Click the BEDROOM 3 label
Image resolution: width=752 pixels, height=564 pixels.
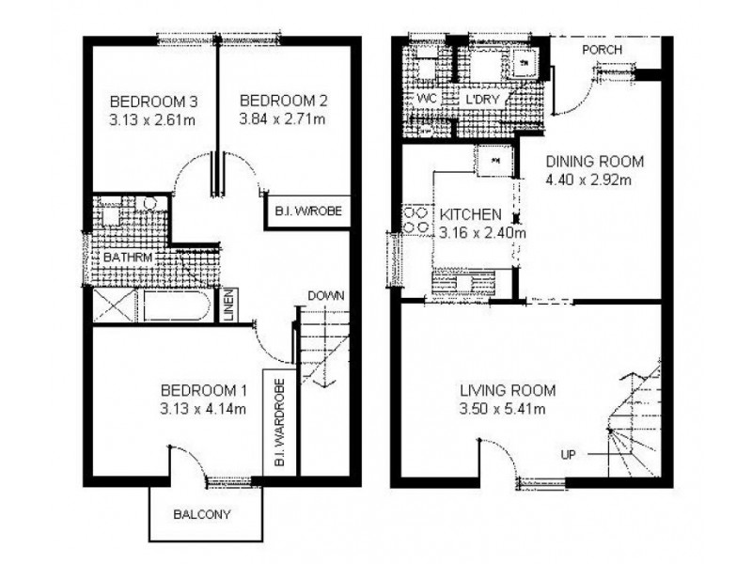[x=140, y=102]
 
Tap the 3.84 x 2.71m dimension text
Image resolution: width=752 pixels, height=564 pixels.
[x=281, y=119]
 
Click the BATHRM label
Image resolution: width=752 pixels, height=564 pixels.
[x=129, y=256]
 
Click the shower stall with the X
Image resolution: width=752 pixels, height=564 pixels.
[x=115, y=305]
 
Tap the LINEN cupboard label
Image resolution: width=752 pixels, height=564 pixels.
[x=229, y=305]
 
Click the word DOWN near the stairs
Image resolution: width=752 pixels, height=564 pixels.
[x=325, y=295]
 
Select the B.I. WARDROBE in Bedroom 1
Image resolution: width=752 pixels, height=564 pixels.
[x=280, y=424]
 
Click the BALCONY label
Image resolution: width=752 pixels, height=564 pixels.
[x=201, y=515]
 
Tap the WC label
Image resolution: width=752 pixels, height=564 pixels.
[x=426, y=98]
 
